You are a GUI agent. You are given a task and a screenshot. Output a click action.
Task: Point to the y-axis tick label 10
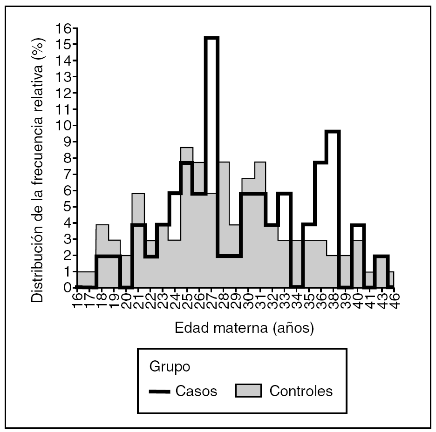coord(64,126)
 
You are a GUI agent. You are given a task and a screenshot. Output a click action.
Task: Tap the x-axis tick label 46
coord(394,297)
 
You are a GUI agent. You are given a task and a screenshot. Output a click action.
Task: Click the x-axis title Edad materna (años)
coord(245,328)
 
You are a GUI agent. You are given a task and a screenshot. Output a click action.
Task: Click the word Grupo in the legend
coord(170,366)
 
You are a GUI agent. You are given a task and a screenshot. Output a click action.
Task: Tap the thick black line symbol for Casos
coord(160,391)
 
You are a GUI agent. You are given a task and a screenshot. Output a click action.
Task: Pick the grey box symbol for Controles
coord(249,391)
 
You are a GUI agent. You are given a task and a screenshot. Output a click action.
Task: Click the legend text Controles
coord(301,391)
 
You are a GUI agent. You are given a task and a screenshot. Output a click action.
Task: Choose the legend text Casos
coord(196,391)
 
